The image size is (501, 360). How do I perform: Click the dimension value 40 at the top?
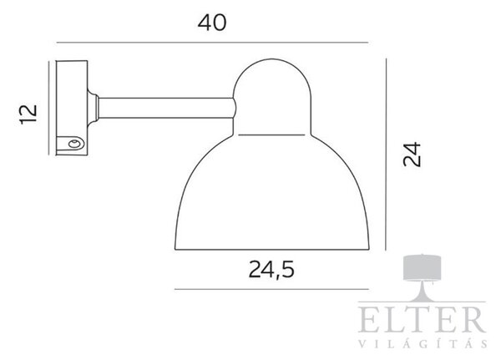[x=212, y=23]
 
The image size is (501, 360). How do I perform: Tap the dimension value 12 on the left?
[x=28, y=114]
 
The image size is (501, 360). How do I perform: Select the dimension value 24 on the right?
[x=412, y=155]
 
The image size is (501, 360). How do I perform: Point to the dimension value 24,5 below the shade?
[x=271, y=270]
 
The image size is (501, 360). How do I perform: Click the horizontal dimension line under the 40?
[x=212, y=43]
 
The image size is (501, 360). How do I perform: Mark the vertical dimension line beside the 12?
[x=49, y=108]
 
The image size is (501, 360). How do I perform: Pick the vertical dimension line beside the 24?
[x=386, y=154]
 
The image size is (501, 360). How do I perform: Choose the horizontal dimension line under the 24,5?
[x=271, y=289]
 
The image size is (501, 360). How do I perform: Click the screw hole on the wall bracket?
[x=75, y=144]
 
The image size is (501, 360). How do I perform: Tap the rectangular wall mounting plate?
[x=72, y=108]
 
